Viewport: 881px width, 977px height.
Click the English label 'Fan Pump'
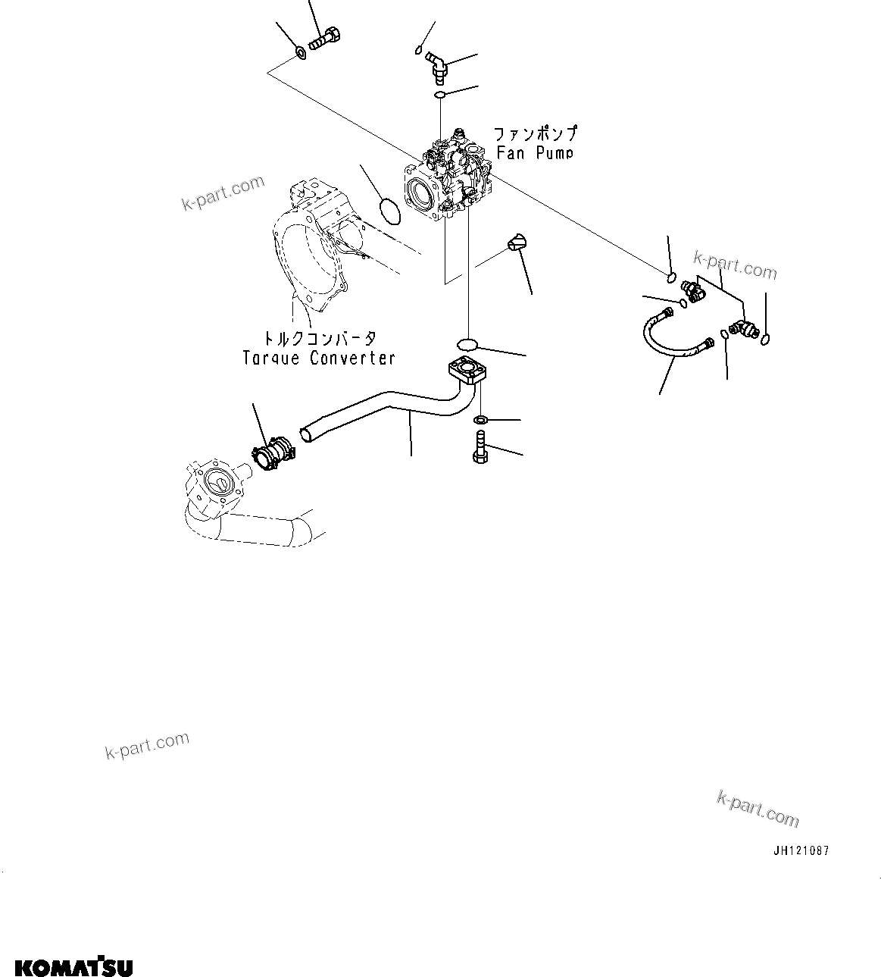tap(534, 152)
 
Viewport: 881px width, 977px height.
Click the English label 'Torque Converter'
tap(319, 358)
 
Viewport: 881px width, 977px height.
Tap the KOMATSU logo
tap(73, 946)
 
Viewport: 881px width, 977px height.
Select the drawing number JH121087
tap(801, 850)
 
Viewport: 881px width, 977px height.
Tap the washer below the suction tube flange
tap(480, 420)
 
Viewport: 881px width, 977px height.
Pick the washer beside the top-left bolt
tap(300, 53)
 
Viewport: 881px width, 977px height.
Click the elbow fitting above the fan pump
tap(438, 65)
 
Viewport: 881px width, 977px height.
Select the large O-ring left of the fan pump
tap(390, 211)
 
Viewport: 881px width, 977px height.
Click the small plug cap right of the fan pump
tap(517, 243)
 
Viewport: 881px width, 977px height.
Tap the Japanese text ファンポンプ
tap(536, 133)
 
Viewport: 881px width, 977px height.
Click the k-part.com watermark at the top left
tap(223, 193)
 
